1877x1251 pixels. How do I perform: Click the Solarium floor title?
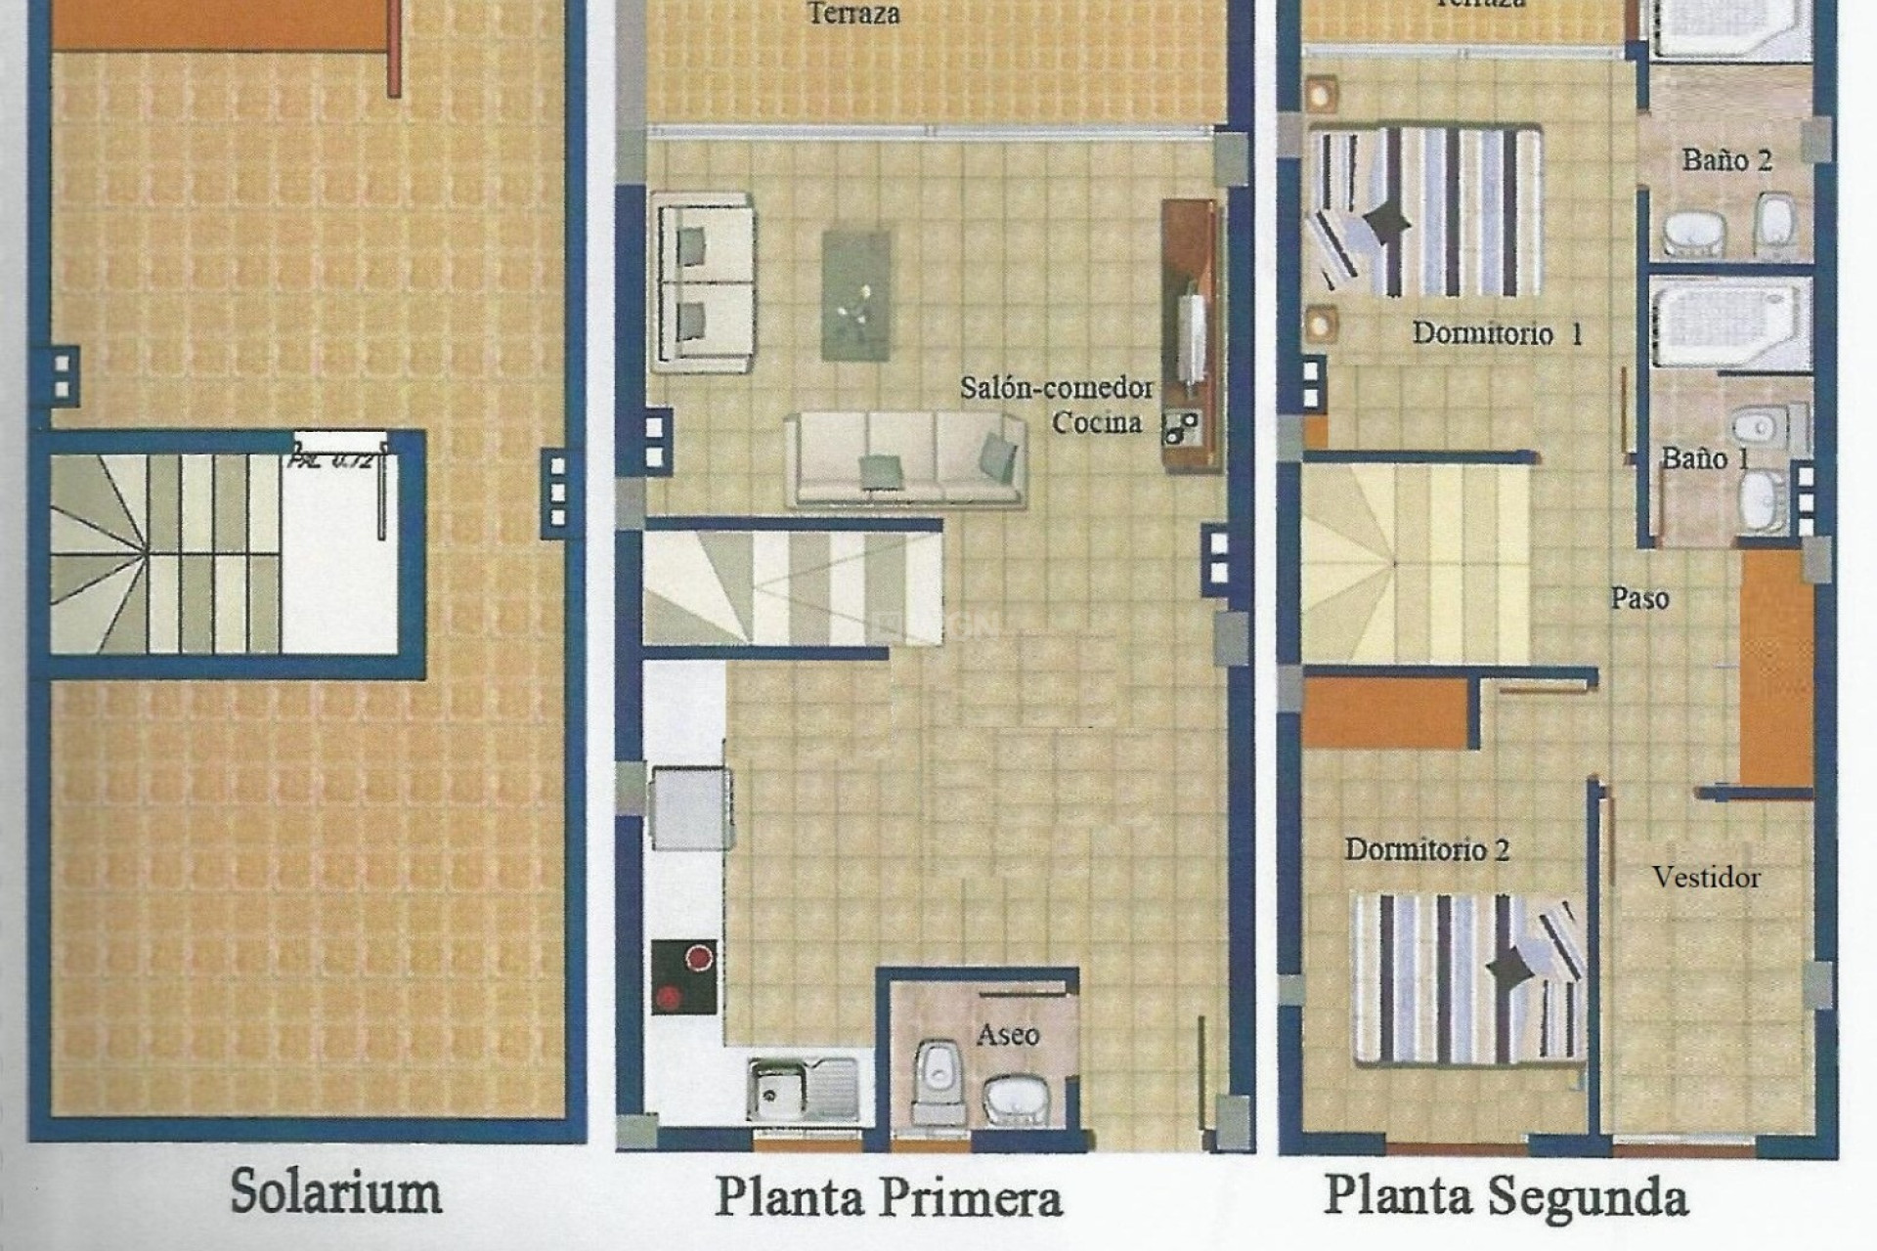tap(335, 1193)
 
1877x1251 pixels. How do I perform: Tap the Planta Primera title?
tap(888, 1197)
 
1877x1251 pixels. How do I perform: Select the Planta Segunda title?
tap(1506, 1196)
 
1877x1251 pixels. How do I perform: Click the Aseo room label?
tap(1007, 1034)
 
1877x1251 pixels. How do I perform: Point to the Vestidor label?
tap(1706, 877)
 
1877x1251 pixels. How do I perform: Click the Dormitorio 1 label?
tap(1497, 333)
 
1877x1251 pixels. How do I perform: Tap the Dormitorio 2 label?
tap(1426, 849)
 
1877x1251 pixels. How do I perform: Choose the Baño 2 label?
tap(1726, 159)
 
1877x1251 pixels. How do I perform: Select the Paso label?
tap(1639, 597)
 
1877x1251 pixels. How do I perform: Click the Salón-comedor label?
tap(1056, 388)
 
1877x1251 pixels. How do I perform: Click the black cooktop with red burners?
tap(683, 976)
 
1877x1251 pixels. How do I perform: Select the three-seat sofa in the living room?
tap(904, 457)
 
